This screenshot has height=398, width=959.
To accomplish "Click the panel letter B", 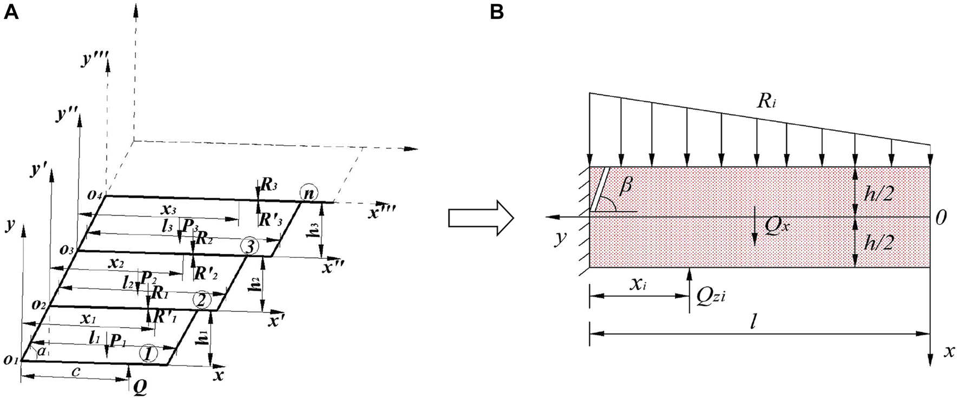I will (497, 12).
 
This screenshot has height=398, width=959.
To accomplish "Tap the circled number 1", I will (148, 354).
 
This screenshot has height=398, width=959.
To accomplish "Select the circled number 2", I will (201, 299).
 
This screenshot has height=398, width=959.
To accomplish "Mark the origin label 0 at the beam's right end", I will (942, 218).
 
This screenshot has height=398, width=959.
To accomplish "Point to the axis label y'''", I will (95, 60).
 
